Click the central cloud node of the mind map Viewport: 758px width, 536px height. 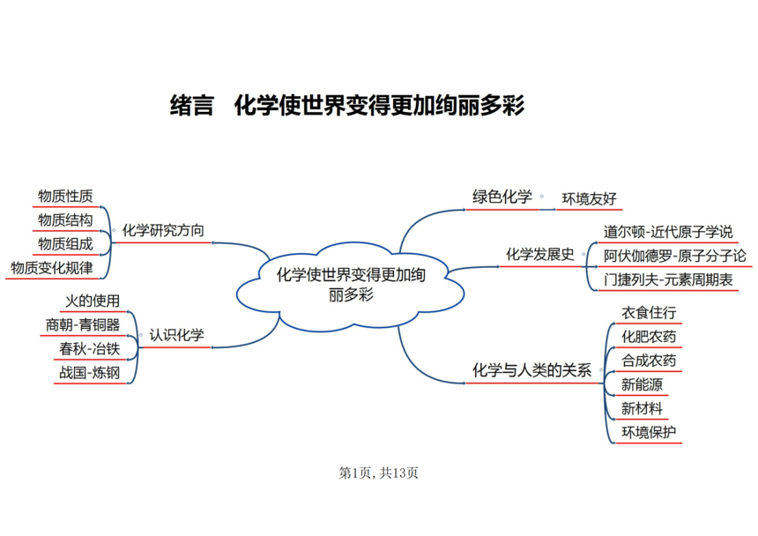pos(351,287)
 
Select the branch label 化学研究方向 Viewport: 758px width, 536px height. pos(163,231)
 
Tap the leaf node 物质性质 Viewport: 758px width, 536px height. pos(65,197)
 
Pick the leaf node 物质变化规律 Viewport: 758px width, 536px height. pos(52,268)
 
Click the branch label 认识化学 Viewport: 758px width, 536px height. pos(176,335)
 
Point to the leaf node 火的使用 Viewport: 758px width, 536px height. pos(93,301)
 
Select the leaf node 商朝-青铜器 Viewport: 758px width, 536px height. pos(83,324)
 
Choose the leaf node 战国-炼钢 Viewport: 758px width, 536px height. pos(89,373)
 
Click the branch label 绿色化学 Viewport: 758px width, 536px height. pos(502,197)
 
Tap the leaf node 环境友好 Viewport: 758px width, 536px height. pos(590,198)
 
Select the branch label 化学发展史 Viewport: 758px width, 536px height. pos(540,254)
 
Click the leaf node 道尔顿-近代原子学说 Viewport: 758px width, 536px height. pos(668,232)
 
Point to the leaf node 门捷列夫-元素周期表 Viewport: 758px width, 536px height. pos(668,279)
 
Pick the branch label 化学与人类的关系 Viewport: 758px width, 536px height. pos(531,370)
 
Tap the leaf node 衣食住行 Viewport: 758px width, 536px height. pos(649,313)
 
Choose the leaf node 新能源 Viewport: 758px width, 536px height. pos(642,384)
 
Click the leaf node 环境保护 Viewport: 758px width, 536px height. pos(649,432)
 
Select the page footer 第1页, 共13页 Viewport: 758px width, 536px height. pos(378,473)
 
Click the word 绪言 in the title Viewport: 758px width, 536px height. pos(191,105)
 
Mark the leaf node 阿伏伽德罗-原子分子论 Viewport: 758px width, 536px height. pos(675,257)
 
